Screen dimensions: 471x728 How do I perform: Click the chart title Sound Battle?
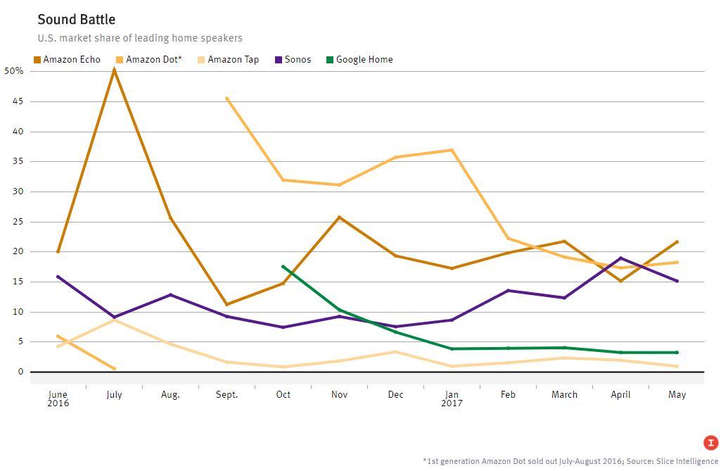[76, 19]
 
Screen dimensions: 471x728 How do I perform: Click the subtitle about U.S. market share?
[140, 38]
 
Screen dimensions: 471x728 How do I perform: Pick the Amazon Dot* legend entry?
[149, 60]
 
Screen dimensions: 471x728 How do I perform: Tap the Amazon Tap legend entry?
[229, 60]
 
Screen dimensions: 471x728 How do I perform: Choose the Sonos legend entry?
[293, 60]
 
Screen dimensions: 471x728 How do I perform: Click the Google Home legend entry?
[359, 60]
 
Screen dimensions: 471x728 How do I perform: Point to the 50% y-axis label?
[14, 71]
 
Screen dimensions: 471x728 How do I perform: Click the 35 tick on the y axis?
[17, 161]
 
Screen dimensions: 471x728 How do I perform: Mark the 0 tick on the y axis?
[20, 372]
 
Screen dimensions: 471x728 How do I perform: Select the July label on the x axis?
[114, 395]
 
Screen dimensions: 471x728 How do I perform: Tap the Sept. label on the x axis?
[226, 395]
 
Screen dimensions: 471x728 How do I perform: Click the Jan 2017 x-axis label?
[452, 398]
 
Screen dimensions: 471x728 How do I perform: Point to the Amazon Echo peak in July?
[114, 70]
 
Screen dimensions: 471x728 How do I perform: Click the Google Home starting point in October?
[283, 267]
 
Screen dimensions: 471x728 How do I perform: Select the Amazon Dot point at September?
[226, 99]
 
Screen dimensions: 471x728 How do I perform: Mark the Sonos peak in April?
[620, 258]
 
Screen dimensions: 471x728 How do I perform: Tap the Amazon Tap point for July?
[114, 320]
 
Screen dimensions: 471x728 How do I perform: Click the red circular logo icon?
[710, 443]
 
